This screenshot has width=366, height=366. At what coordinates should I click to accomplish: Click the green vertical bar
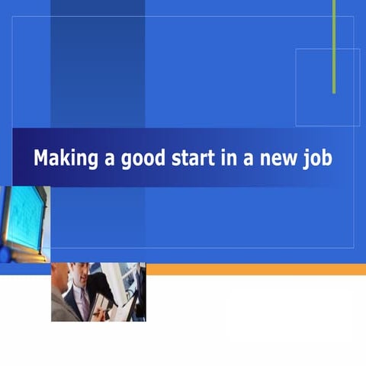[334, 46]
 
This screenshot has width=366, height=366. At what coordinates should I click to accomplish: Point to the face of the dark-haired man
[80, 275]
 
